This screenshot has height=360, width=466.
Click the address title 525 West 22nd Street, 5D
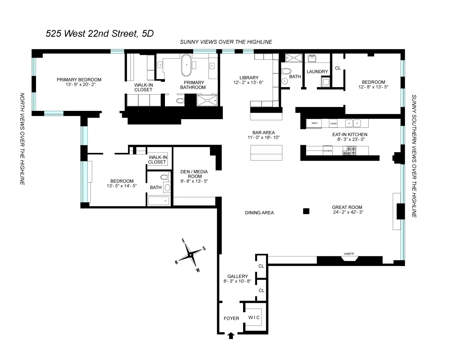point(99,33)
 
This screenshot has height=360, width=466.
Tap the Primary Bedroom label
point(79,80)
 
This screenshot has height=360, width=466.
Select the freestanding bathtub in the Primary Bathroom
point(187,66)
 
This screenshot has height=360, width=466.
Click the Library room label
point(249,78)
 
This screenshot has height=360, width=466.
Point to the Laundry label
point(317,72)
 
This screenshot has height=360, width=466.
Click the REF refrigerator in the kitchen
point(314,123)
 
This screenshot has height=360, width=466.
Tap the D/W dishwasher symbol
point(333,123)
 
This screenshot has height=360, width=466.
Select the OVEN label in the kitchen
point(327,151)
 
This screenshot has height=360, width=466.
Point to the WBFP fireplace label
point(349,254)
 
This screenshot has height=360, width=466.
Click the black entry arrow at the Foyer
point(231,336)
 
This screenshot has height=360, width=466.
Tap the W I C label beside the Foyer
point(254,318)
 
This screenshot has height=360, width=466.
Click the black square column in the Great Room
point(306,211)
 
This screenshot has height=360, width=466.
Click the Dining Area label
point(259,213)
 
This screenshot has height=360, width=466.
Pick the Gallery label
point(237,276)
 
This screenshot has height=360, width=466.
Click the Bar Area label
point(264,132)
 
